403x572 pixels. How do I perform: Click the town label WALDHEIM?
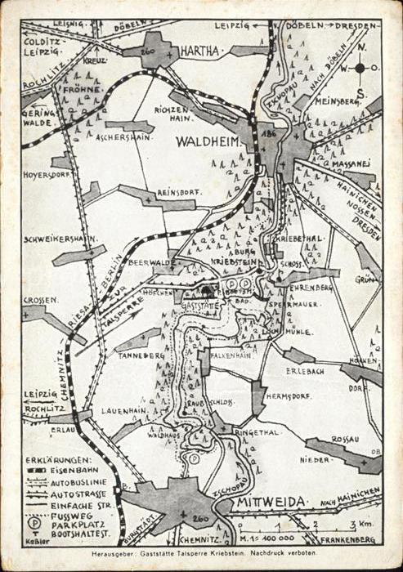pyautogui.click(x=208, y=141)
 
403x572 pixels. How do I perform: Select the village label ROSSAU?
pyautogui.click(x=344, y=439)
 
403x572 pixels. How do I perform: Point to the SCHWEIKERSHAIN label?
pyautogui.click(x=60, y=239)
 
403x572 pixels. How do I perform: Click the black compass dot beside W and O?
pyautogui.click(x=360, y=68)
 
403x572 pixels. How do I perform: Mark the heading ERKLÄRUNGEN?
pyautogui.click(x=58, y=460)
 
